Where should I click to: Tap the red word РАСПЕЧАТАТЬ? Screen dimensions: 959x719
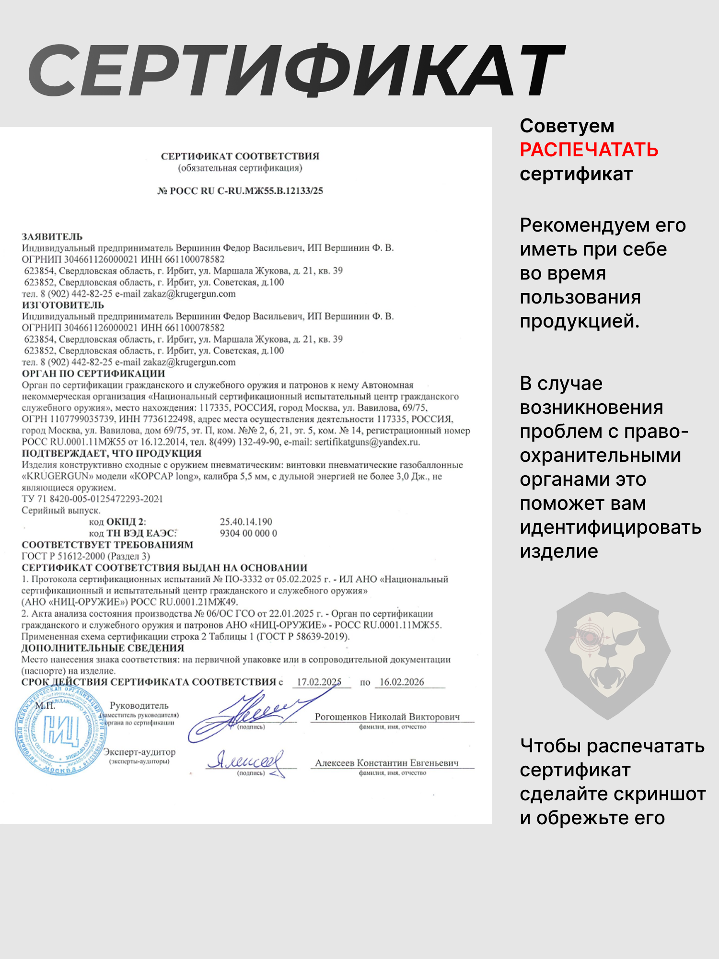point(589,150)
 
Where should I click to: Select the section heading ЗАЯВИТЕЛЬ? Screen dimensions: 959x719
point(52,237)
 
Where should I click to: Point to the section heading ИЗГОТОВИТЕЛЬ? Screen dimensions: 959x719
point(63,305)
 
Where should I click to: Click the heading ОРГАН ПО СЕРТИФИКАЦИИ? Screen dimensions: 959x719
point(93,374)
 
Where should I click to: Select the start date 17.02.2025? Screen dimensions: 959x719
point(319,682)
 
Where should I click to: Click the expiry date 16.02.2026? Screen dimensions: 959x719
point(402,682)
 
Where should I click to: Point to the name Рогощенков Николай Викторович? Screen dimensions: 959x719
point(387,717)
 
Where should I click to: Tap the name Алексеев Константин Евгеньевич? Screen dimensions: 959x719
point(387,763)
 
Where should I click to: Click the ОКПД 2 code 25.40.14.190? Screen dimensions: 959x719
point(246,522)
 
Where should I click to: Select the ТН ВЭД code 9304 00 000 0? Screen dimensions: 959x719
point(248,533)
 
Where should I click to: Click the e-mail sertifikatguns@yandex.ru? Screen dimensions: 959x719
point(367,442)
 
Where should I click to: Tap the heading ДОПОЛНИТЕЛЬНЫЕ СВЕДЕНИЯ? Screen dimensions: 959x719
point(103,648)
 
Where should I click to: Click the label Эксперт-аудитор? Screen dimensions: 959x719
point(140,752)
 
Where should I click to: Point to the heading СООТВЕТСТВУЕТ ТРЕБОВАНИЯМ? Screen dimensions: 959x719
point(107,545)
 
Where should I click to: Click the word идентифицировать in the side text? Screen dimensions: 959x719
point(610,527)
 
